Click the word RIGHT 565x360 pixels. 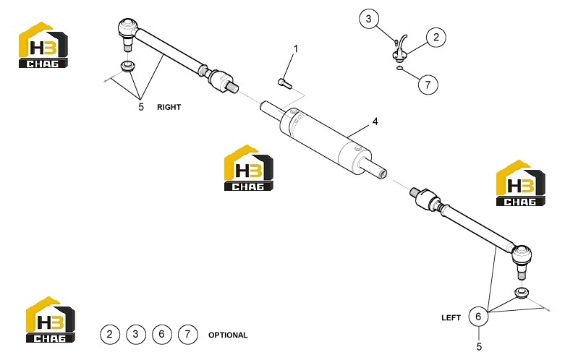click(169, 107)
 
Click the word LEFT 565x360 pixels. click(451, 317)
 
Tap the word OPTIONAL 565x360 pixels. click(228, 335)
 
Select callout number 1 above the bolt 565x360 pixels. click(296, 48)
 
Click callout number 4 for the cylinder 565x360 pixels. click(375, 121)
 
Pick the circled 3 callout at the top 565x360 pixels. click(369, 18)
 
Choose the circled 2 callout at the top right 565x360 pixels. click(436, 37)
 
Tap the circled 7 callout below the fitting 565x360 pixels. click(428, 85)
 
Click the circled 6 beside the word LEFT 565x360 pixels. click(478, 317)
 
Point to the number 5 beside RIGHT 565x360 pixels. click(141, 107)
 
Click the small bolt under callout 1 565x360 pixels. click(284, 82)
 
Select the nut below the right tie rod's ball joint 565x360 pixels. click(127, 67)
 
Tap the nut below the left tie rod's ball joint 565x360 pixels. click(521, 292)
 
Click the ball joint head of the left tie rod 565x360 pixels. click(522, 254)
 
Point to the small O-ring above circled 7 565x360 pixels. click(399, 68)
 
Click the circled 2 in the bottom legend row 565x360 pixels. click(109, 335)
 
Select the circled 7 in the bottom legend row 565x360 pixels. click(187, 335)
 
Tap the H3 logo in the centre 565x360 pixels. click(249, 168)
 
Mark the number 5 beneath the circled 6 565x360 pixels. click(479, 347)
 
